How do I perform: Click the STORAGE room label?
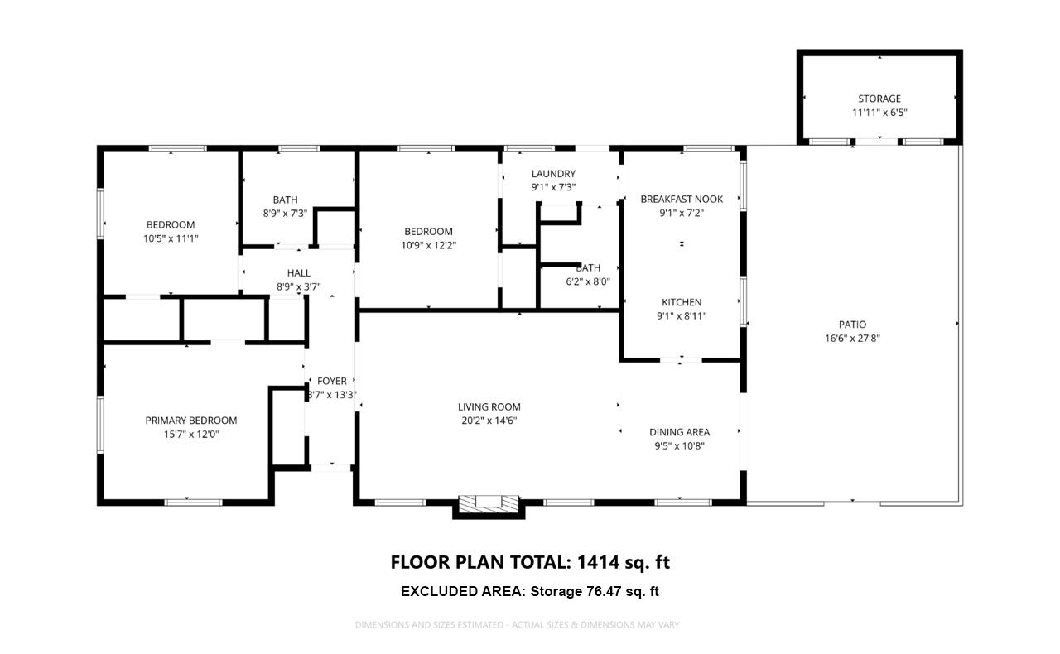[x=879, y=99]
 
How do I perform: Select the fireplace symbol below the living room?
[x=489, y=502]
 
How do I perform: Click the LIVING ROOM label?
[x=489, y=406]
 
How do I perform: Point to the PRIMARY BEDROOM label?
[x=191, y=421]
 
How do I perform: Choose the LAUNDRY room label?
[x=553, y=174]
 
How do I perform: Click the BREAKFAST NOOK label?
[x=682, y=199]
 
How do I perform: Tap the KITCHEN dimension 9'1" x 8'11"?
[x=682, y=315]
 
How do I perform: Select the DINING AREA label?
[x=679, y=432]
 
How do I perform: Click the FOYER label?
[x=331, y=381]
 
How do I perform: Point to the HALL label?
[x=299, y=273]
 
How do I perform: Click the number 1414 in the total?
[x=598, y=563]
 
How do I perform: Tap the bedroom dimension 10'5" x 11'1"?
[x=171, y=238]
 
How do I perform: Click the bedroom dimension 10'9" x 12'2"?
[x=428, y=245]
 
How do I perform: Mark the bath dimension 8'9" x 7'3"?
[x=285, y=213]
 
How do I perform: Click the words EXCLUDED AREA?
[x=461, y=591]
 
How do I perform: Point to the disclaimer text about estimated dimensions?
[x=518, y=624]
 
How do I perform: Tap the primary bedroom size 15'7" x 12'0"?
[x=191, y=434]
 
